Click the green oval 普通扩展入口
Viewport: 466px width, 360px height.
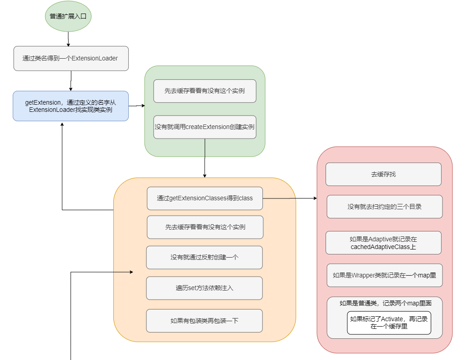pyautogui.click(x=68, y=16)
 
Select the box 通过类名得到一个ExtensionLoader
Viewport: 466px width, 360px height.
pyautogui.click(x=71, y=58)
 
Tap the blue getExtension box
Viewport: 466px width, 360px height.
pyautogui.click(x=71, y=106)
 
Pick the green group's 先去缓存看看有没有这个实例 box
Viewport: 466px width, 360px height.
pyautogui.click(x=205, y=91)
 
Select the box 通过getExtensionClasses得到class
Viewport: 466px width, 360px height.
pyautogui.click(x=205, y=198)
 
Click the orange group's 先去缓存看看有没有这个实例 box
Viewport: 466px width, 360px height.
pyautogui.click(x=205, y=227)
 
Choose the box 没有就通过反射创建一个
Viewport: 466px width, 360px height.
pyautogui.click(x=204, y=257)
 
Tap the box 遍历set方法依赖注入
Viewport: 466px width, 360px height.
pyautogui.click(x=204, y=288)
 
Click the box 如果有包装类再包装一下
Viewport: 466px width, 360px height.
pyautogui.click(x=204, y=321)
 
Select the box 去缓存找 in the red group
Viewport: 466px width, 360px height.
pyautogui.click(x=383, y=174)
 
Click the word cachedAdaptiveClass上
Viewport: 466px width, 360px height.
pyautogui.click(x=383, y=247)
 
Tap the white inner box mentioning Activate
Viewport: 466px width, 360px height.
pyautogui.click(x=389, y=323)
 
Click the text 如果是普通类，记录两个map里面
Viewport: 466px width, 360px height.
pyautogui.click(x=384, y=303)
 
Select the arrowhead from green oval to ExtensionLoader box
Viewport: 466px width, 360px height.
pyautogui.click(x=68, y=44)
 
